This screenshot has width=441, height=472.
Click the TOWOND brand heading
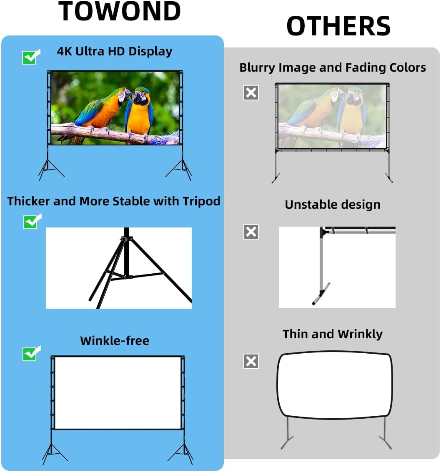pos(120,12)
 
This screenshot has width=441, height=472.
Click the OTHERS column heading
pos(338,26)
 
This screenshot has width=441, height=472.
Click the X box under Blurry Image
pos(251,92)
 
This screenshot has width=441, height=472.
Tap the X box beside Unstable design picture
pos(251,232)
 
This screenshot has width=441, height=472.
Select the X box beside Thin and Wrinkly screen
pos(251,361)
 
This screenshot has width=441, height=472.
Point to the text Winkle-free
pos(115,340)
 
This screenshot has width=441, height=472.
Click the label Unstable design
pos(333,205)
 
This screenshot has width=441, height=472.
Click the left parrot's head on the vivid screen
pos(123,95)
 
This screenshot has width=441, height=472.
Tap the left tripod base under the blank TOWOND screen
pos(51,454)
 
